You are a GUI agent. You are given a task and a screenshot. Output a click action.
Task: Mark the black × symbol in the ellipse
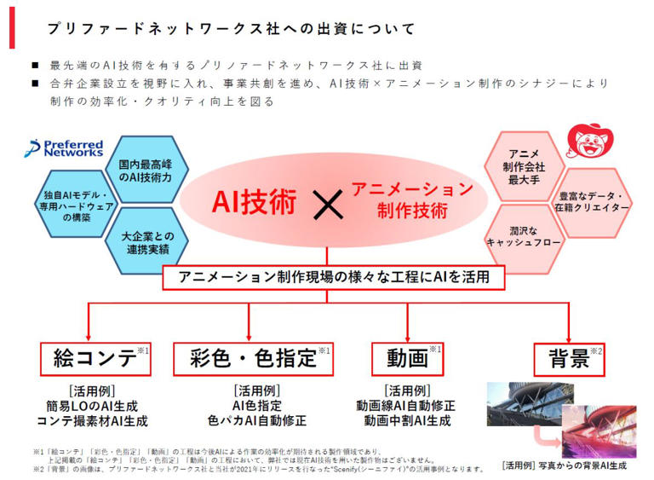(x=324, y=203)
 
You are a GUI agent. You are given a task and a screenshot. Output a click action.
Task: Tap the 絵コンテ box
(x=95, y=358)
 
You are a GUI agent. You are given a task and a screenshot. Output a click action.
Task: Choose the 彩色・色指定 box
(x=254, y=358)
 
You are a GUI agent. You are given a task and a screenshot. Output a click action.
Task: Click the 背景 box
(x=569, y=359)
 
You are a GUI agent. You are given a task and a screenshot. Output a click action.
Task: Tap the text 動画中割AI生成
(x=408, y=420)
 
